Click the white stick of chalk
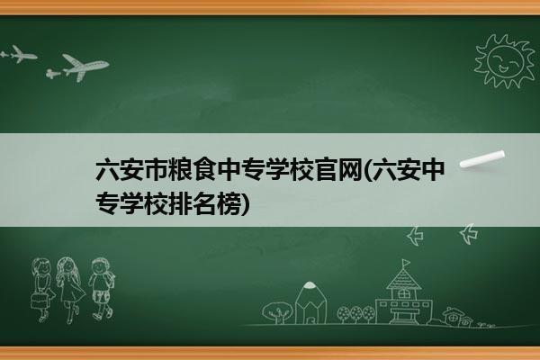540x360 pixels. tap(482, 159)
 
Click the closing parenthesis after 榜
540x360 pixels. tap(245, 204)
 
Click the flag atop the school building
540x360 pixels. tap(407, 263)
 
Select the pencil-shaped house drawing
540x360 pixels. tap(310, 303)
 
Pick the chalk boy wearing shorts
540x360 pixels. tap(102, 289)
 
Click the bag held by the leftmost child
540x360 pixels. tap(39, 301)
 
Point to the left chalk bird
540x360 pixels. tap(416, 236)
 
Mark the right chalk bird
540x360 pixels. tap(469, 234)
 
